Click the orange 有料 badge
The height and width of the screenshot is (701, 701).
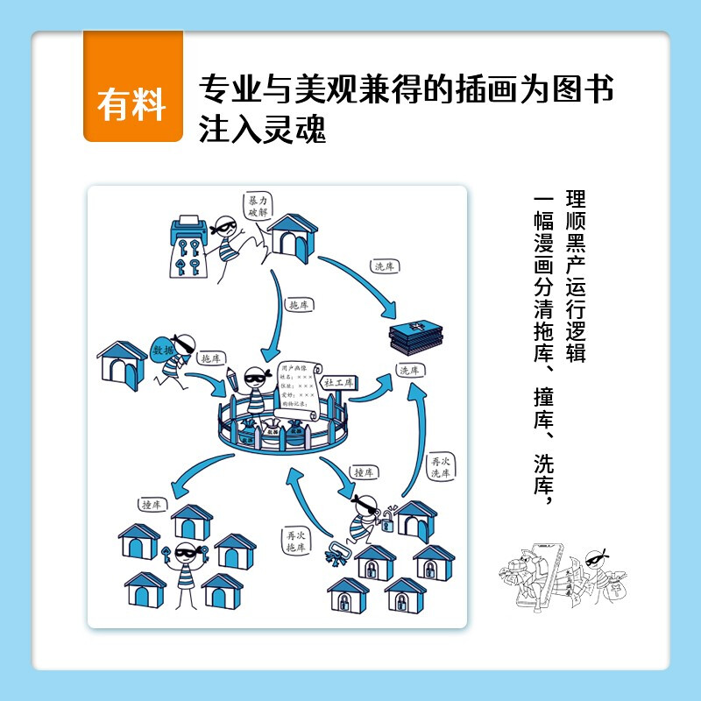pos(132,104)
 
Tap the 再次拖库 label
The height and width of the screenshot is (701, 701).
pos(294,540)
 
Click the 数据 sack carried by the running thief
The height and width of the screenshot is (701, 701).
pos(164,350)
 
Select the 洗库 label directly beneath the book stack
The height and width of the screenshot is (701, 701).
pos(409,371)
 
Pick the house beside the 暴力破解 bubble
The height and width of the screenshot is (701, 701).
pos(290,237)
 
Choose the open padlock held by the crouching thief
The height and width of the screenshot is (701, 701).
pos(391,512)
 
